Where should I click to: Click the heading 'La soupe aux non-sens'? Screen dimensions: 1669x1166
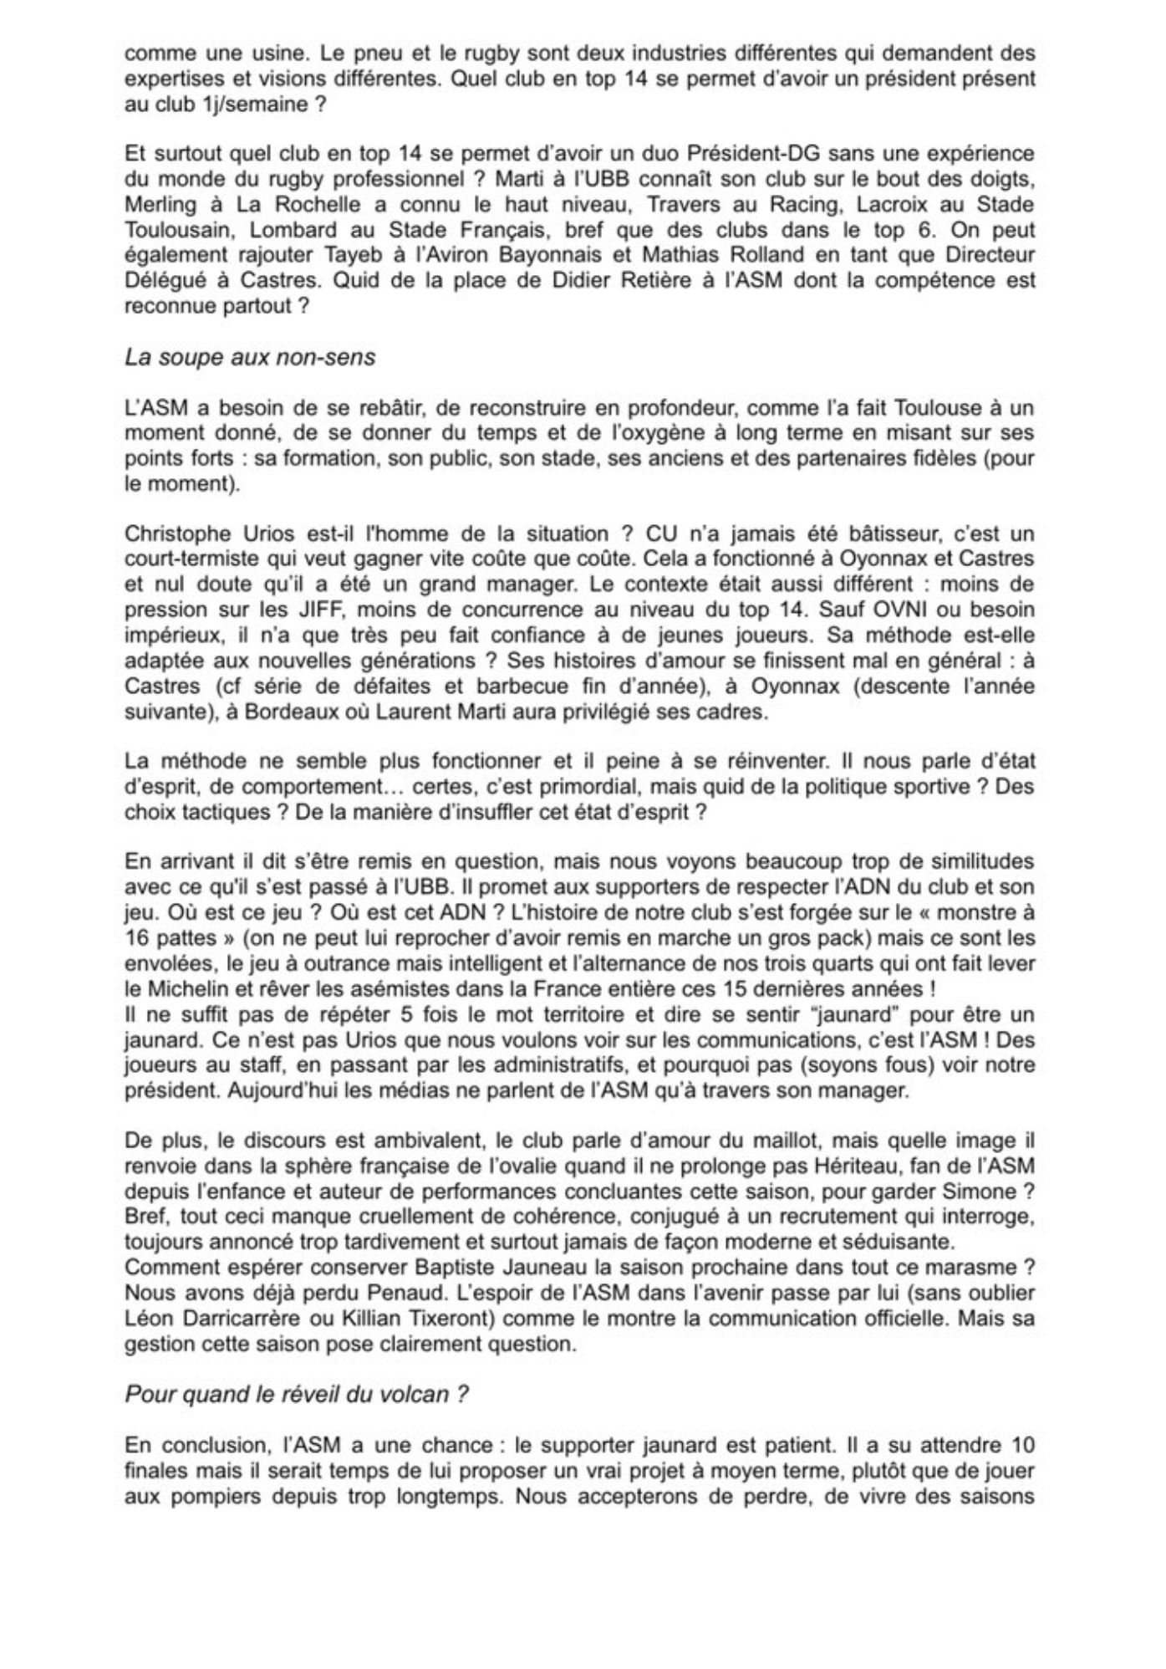pos(250,358)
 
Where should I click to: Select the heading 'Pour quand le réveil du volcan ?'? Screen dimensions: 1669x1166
pos(295,1395)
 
